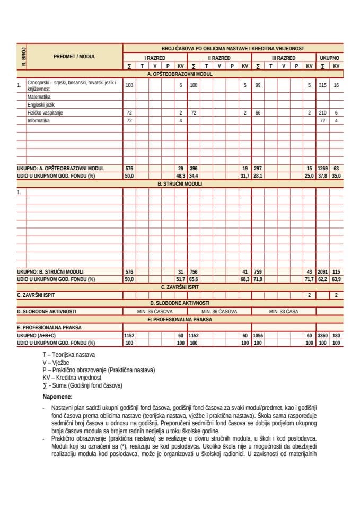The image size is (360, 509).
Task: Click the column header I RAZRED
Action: (x=155, y=58)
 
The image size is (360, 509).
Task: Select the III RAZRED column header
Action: (x=283, y=58)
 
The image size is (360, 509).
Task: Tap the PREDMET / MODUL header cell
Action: (x=74, y=56)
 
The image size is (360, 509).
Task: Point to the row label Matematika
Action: (x=39, y=98)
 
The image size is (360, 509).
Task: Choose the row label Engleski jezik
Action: (x=41, y=105)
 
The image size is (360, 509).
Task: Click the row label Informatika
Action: (x=38, y=121)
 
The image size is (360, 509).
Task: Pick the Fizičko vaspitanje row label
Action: (x=45, y=113)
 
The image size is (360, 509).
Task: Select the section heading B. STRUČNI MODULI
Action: (x=180, y=183)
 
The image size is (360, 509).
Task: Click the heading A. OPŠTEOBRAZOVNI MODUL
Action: (x=180, y=74)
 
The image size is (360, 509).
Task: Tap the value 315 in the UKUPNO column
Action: (x=322, y=85)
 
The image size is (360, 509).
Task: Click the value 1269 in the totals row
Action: (x=322, y=168)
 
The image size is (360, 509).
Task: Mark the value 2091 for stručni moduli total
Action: (x=322, y=271)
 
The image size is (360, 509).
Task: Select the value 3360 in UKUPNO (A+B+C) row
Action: (x=322, y=336)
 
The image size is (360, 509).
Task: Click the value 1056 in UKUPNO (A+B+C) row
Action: (x=258, y=336)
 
